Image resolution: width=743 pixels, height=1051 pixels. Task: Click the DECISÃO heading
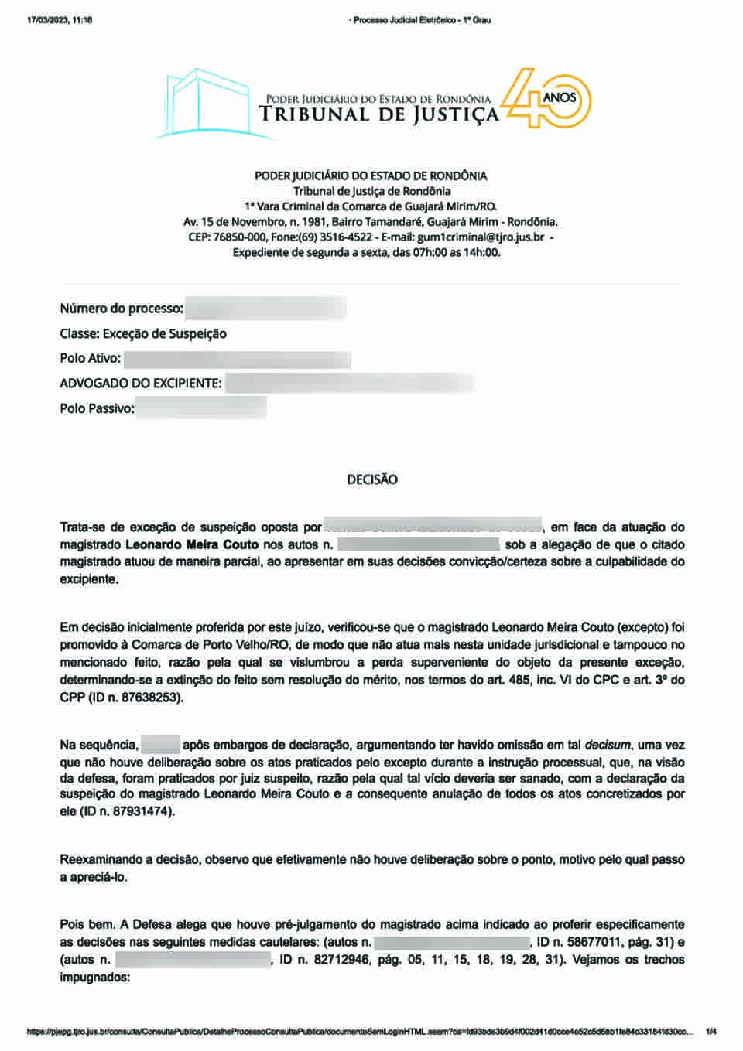(x=371, y=479)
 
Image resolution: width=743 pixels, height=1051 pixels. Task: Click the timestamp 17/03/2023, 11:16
(x=60, y=20)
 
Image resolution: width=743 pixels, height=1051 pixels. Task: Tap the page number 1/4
(x=711, y=1032)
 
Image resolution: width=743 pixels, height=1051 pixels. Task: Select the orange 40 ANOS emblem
(x=546, y=98)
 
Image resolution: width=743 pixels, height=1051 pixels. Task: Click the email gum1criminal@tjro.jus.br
(x=480, y=237)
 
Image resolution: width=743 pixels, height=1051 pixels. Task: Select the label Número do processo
(x=122, y=309)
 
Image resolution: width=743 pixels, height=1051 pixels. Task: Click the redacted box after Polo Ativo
(x=237, y=359)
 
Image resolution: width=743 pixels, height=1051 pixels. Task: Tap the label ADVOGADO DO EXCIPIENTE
(x=141, y=384)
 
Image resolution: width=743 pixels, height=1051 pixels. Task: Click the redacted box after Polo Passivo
(x=201, y=408)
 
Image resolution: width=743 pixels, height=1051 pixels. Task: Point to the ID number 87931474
(x=139, y=812)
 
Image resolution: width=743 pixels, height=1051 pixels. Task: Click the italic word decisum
(x=608, y=746)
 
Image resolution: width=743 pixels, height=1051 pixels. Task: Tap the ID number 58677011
(x=587, y=942)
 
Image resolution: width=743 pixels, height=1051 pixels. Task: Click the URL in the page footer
(x=359, y=1032)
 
